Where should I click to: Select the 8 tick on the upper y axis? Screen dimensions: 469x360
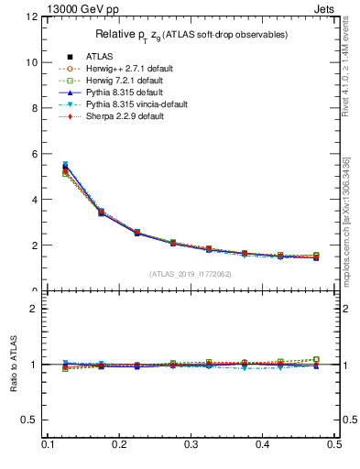(x=34, y=108)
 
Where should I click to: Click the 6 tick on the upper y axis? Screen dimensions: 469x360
(x=34, y=154)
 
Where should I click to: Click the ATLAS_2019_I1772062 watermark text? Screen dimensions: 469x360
(x=191, y=274)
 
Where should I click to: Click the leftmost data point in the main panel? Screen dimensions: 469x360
(x=65, y=168)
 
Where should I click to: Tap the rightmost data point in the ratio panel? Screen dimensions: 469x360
(x=316, y=361)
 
